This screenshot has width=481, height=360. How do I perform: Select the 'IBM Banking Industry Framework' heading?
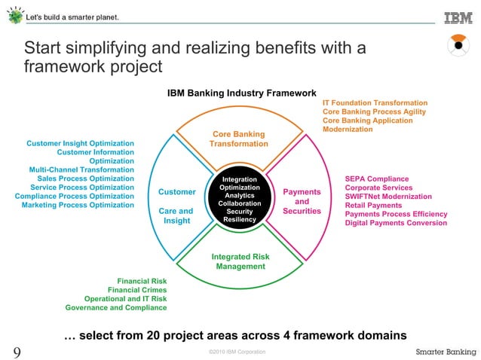coord(241,93)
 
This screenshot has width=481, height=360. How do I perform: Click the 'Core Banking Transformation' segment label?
coord(238,139)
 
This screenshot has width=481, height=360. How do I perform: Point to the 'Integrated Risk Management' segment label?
coord(240,261)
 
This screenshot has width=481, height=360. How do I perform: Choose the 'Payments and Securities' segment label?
coord(302,201)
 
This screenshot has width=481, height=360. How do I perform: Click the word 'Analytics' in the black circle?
coord(240,196)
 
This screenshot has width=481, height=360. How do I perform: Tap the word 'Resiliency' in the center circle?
coord(240,220)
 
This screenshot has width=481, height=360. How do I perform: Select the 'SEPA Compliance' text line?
coord(377,179)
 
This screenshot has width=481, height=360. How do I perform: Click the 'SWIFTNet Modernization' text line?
coord(389,197)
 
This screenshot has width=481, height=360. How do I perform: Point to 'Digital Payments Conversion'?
coord(396,223)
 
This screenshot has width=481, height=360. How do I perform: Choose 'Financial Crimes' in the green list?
coord(137,290)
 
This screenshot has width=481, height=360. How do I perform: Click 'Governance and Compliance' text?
coord(116,307)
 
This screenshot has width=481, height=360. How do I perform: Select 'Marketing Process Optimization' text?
coord(78,205)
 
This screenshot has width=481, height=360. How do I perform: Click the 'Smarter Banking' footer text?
coord(445,352)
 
